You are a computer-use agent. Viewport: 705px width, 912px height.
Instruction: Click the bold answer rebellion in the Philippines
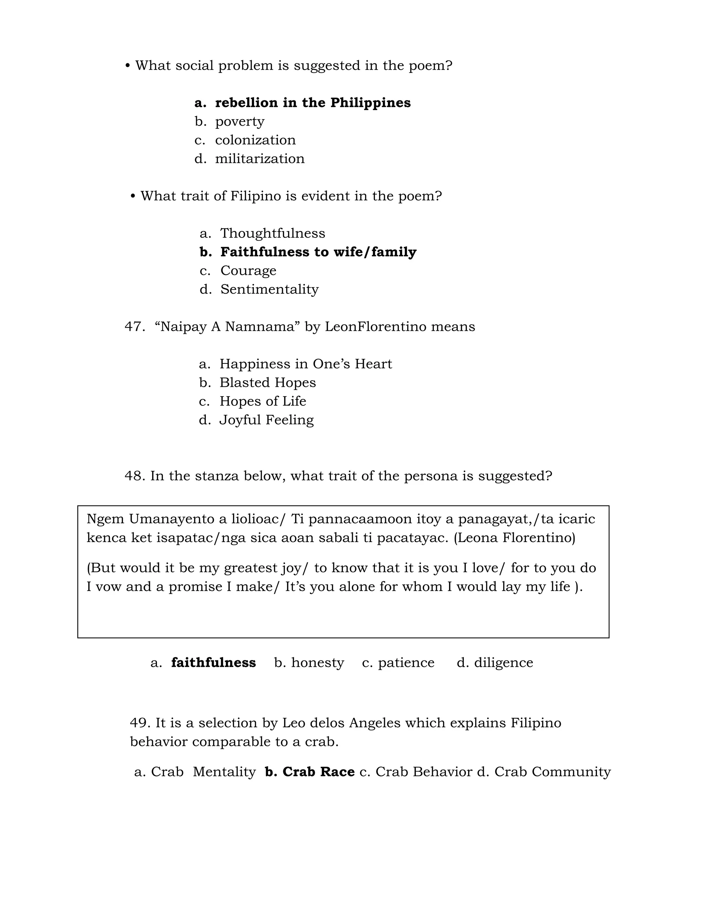[313, 103]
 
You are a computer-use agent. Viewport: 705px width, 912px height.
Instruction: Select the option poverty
[239, 121]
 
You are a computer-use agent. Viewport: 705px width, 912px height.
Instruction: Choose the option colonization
[255, 140]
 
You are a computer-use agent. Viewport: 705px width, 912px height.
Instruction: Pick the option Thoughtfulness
[272, 233]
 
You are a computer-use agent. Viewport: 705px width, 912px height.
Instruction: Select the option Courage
[248, 271]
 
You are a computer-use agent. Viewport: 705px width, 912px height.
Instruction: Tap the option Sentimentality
[270, 289]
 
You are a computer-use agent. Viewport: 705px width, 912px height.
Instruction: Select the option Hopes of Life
[263, 401]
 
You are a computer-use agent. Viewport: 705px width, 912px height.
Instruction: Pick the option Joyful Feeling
[266, 420]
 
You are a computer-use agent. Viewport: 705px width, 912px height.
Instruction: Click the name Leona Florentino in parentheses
[514, 538]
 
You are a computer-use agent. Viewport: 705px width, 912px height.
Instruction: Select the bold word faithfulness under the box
[213, 663]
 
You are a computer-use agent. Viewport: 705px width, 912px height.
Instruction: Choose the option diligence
[503, 663]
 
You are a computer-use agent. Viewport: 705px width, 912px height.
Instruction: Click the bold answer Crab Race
[318, 772]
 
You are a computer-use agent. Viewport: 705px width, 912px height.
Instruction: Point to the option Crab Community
[552, 772]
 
